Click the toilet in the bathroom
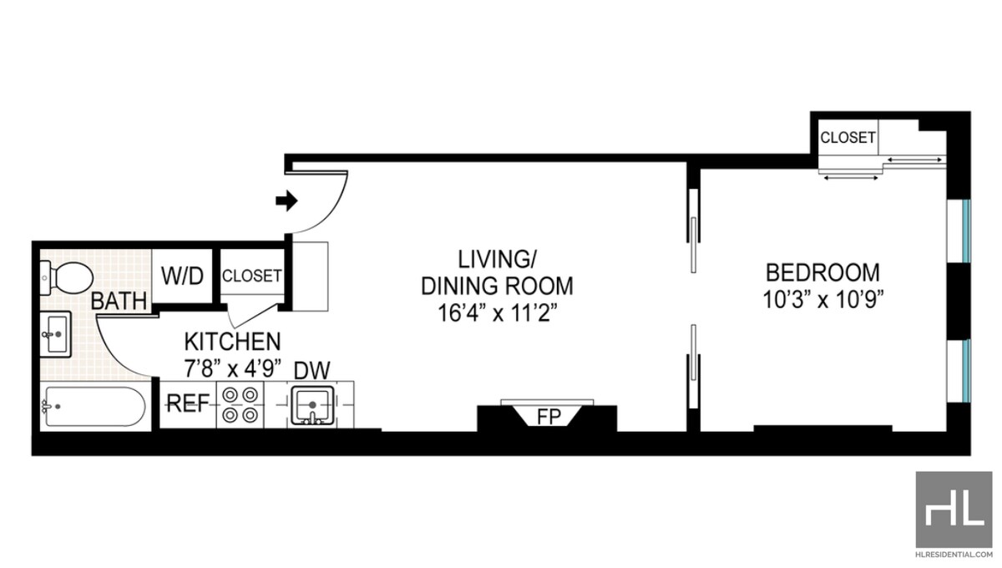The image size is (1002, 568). coord(67,274)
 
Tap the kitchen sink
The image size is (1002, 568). coord(312,405)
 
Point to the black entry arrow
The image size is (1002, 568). coord(286,200)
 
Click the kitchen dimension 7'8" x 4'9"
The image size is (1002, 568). coord(232,367)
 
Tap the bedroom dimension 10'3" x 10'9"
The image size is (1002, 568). coord(822,298)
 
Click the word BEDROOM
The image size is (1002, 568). coord(822,272)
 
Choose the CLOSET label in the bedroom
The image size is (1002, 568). coord(847,138)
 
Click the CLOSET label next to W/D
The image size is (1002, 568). coord(252,276)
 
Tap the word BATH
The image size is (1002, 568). coord(119,301)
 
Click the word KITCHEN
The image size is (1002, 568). coord(232,342)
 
